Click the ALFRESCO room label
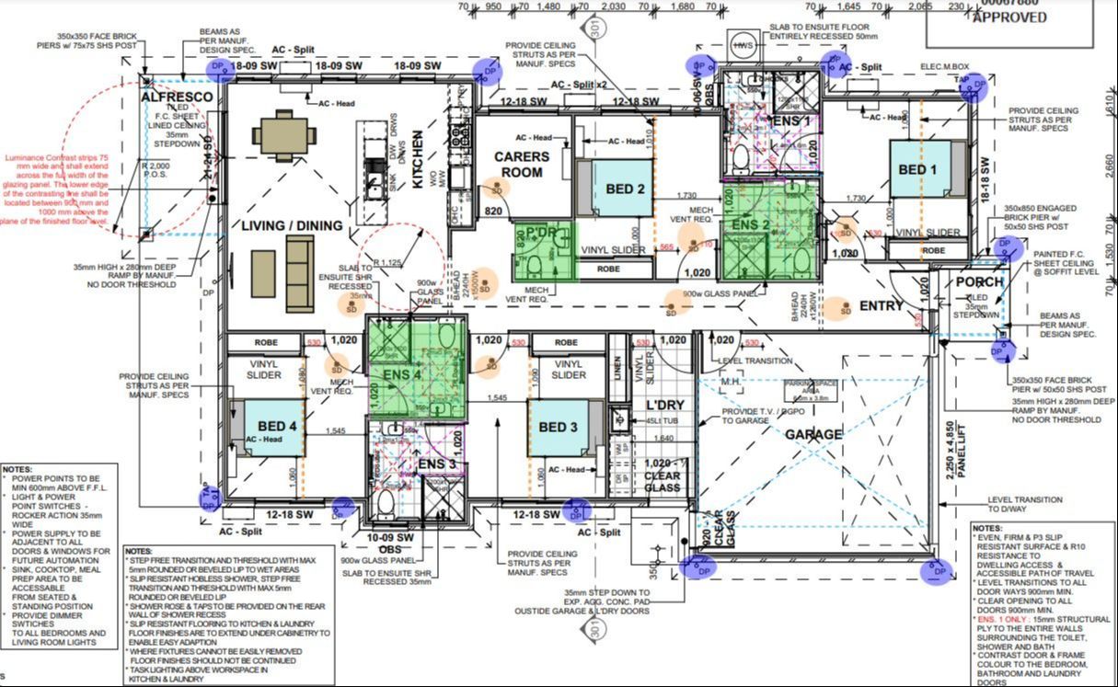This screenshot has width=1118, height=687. [177, 97]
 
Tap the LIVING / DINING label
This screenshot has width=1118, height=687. [293, 225]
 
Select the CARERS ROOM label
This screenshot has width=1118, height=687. [522, 165]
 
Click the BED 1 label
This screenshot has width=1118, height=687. [917, 170]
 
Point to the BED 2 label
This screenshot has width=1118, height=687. [625, 189]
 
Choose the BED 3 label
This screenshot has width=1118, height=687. [559, 427]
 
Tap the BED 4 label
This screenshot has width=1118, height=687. [277, 427]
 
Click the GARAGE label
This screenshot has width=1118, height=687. [813, 434]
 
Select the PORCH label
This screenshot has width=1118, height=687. [979, 281]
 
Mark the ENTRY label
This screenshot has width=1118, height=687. [881, 305]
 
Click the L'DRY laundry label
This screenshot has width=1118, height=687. [662, 405]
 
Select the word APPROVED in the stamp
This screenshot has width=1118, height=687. [1009, 17]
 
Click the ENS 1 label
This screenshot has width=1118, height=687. [792, 120]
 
